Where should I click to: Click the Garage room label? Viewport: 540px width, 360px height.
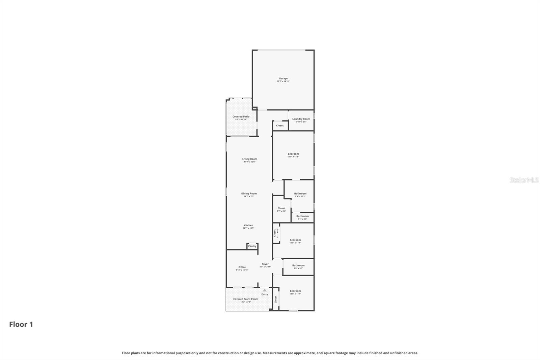[x=283, y=79]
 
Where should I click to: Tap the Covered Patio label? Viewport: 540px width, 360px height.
[x=241, y=117]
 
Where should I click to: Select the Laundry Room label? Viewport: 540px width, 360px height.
[x=301, y=119]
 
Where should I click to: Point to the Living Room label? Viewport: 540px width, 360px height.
[x=249, y=159]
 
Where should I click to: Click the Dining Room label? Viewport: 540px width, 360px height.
[x=249, y=194]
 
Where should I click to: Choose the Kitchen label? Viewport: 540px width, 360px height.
[x=248, y=226]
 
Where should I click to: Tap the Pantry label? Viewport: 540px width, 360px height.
[x=252, y=246]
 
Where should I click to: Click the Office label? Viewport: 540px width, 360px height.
[x=242, y=267]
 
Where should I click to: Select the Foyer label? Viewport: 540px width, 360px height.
[x=265, y=264]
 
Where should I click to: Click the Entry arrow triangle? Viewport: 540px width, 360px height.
[x=265, y=290]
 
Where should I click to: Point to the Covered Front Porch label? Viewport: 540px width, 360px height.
[x=245, y=299]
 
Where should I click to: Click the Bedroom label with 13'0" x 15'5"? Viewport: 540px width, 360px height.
[x=293, y=154]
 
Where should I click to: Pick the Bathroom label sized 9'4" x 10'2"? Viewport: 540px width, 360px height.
[x=300, y=194]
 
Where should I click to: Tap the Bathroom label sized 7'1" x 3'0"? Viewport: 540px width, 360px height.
[x=302, y=216]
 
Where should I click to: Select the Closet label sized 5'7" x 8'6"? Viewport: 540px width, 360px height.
[x=281, y=209]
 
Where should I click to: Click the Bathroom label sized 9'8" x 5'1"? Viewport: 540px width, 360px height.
[x=298, y=266]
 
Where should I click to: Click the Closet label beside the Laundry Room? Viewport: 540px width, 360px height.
[x=280, y=126]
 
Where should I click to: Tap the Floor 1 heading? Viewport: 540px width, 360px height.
[x=21, y=325]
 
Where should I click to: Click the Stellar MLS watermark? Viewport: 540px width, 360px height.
[x=524, y=180]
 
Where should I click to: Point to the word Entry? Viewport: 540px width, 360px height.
[x=265, y=294]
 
